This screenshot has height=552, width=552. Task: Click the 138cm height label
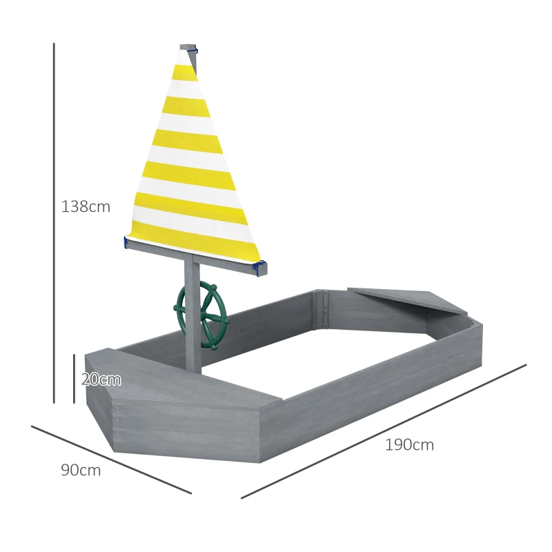[86, 206]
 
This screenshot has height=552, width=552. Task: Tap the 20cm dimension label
[101, 379]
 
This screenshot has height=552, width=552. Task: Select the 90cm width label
[81, 471]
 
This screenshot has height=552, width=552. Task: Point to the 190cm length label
[410, 445]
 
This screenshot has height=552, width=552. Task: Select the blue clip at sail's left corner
[126, 243]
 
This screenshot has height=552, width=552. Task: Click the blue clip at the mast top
[195, 50]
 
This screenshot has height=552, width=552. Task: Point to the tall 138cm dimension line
[54, 221]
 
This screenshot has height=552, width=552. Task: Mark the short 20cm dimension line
[74, 378]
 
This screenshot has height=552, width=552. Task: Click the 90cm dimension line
[110, 460]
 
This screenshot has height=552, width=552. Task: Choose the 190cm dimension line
[384, 431]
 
